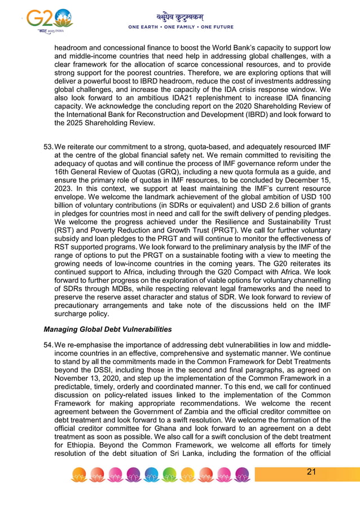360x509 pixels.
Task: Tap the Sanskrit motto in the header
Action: [180, 16]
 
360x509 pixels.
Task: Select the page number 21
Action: [311, 472]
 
